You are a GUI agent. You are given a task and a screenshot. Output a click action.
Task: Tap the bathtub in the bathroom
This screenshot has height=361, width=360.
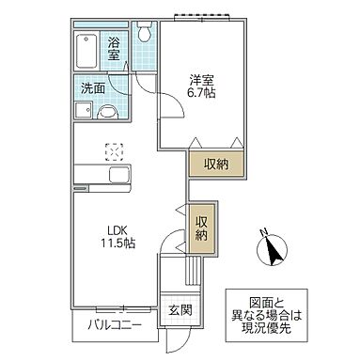click(86, 48)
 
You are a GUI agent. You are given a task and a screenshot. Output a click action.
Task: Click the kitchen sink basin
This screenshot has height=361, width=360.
click(118, 177)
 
